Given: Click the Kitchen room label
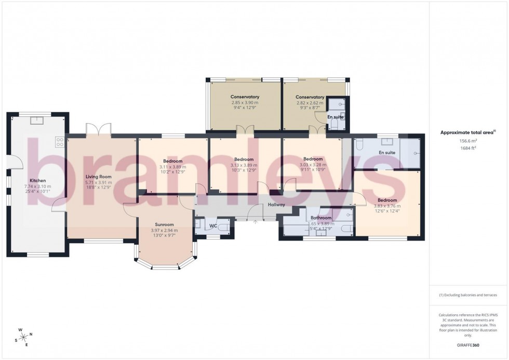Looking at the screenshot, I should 37,181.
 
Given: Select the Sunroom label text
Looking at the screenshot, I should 164,225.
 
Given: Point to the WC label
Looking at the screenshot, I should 213,226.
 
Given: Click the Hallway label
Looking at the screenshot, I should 276,205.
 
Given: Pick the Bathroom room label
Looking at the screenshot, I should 321,218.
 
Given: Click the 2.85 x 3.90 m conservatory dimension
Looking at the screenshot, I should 245,103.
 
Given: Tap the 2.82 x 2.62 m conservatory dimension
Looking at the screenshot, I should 310,103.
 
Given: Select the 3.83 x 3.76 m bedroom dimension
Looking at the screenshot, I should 387,206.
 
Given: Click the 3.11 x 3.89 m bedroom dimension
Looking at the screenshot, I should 172,166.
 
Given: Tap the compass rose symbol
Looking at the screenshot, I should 24,337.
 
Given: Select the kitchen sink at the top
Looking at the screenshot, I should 37,121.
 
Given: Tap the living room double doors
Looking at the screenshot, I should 99,130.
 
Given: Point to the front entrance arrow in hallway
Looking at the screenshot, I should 255,222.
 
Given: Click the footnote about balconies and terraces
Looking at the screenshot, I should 468,295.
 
